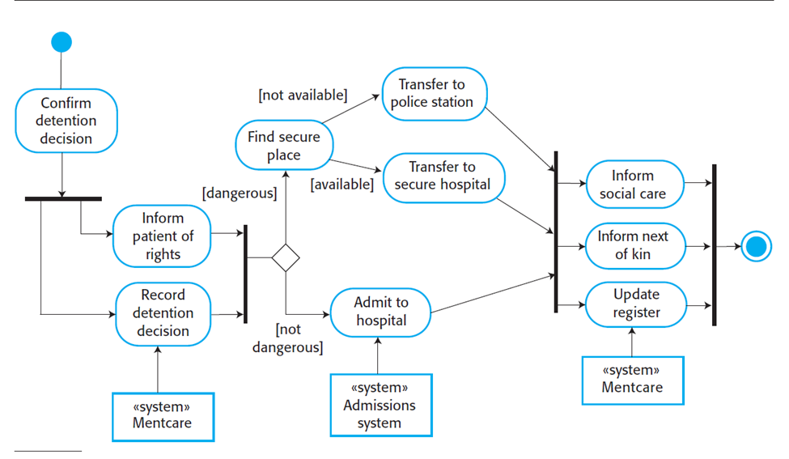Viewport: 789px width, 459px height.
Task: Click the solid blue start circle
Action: point(62,42)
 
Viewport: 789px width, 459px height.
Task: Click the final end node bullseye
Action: point(756,246)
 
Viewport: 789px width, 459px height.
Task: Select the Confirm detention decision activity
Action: point(66,121)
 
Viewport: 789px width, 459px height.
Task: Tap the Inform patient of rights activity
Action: point(162,236)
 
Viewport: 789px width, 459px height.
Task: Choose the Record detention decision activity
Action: point(163,312)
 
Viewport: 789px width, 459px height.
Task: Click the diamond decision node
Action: point(285,257)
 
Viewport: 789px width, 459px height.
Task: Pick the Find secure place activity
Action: point(283,146)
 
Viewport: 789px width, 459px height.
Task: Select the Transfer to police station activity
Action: point(431,93)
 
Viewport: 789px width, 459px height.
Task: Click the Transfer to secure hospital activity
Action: point(442,176)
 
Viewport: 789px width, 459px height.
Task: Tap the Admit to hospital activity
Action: point(381,311)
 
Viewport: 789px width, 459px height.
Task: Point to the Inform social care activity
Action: point(633,185)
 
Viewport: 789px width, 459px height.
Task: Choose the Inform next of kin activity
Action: point(633,245)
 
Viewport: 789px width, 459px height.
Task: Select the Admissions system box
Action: point(380,405)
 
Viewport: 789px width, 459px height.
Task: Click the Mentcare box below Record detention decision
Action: point(162,416)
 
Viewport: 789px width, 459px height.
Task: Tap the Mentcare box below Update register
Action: point(632,379)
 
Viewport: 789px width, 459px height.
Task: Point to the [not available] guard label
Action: point(303,96)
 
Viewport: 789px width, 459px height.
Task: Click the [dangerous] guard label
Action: point(240,193)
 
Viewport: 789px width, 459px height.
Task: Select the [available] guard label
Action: point(341,185)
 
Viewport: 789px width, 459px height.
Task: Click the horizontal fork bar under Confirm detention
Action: point(63,198)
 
